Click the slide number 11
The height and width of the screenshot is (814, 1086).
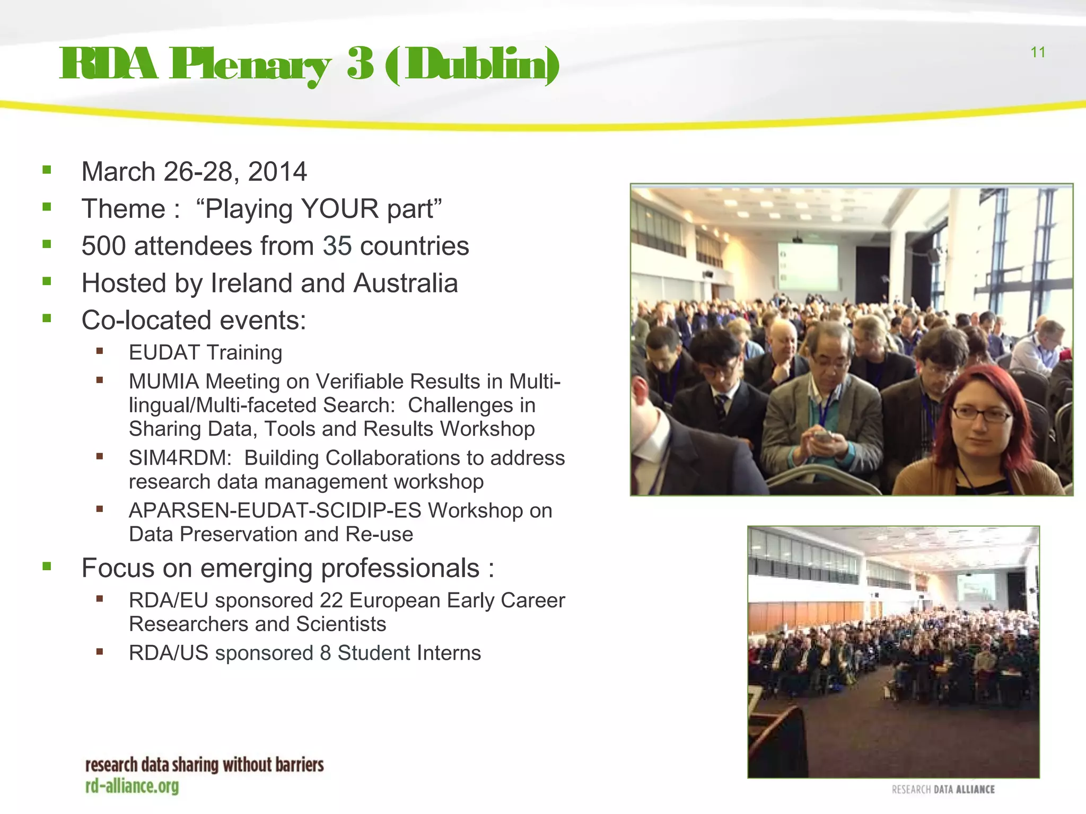click(1038, 52)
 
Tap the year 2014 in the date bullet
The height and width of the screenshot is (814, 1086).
click(277, 172)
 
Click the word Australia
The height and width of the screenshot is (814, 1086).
click(406, 283)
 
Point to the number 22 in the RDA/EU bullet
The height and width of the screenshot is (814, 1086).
click(331, 600)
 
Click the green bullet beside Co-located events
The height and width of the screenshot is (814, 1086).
click(47, 318)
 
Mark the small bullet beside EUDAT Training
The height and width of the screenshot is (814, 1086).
click(99, 351)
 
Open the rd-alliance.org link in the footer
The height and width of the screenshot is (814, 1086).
click(132, 786)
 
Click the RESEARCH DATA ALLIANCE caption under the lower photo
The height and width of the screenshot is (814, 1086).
click(943, 790)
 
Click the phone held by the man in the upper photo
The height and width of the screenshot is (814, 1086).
click(823, 437)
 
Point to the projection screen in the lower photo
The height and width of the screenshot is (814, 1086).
click(976, 587)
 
